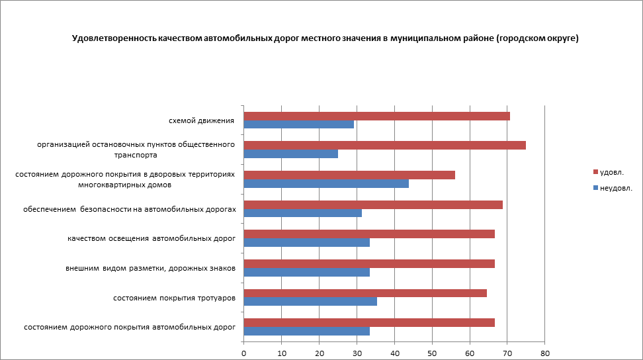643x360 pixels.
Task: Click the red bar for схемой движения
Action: point(376,116)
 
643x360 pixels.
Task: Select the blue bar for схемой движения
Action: point(299,124)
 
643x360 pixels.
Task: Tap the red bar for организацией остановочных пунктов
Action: point(384,146)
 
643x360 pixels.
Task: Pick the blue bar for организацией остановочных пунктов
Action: point(291,154)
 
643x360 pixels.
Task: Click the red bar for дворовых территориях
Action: point(349,175)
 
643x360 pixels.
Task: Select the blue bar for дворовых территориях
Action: point(326,183)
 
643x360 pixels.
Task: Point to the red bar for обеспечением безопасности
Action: point(373,204)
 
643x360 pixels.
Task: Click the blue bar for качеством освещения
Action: point(307,242)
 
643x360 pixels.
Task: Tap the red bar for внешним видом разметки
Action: point(369,263)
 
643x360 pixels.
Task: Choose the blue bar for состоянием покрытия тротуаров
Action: point(310,301)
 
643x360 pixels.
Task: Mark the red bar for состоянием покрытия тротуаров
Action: point(365,292)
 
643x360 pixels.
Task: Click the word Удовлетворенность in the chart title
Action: point(114,38)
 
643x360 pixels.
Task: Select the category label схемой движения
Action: point(202,120)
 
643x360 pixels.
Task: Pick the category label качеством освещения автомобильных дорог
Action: point(151,238)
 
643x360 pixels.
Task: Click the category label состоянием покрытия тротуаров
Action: point(175,298)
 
